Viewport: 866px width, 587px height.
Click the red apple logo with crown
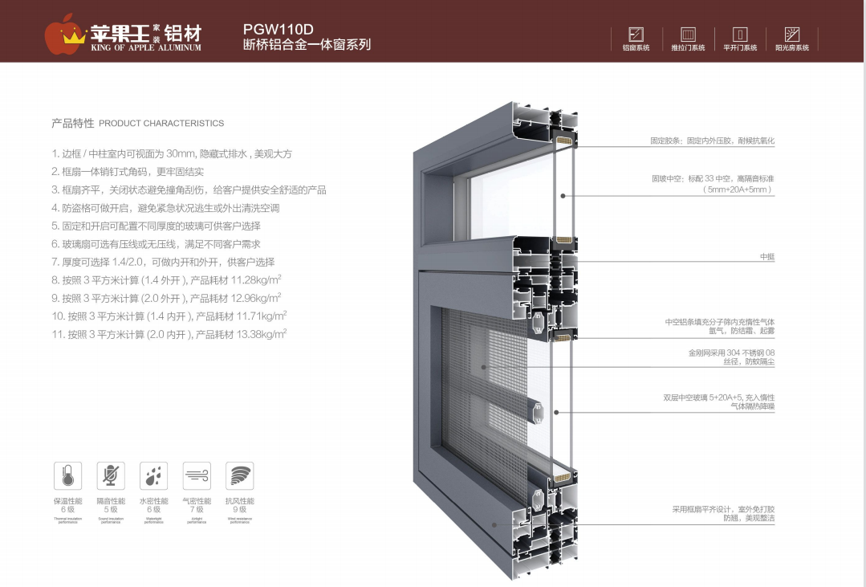tap(64, 33)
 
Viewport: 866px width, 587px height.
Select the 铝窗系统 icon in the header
tap(636, 35)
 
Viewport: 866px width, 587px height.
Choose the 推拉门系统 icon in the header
tap(688, 35)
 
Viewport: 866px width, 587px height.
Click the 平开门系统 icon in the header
tap(740, 35)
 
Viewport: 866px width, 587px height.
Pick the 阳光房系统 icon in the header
tap(791, 35)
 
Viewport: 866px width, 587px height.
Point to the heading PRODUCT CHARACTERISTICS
tap(161, 124)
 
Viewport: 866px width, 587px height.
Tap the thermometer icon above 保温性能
tap(67, 476)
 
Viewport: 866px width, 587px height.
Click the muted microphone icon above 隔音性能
tap(111, 476)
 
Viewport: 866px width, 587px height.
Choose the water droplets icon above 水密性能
tap(153, 476)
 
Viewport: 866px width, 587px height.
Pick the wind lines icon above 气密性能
tap(197, 476)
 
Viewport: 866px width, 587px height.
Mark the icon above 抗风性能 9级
tap(239, 476)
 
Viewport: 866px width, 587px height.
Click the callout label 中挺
tap(767, 257)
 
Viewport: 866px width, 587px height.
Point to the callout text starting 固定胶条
tap(712, 141)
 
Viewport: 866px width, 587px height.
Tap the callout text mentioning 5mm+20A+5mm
tap(736, 190)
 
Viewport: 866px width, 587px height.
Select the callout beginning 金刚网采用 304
tap(731, 353)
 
